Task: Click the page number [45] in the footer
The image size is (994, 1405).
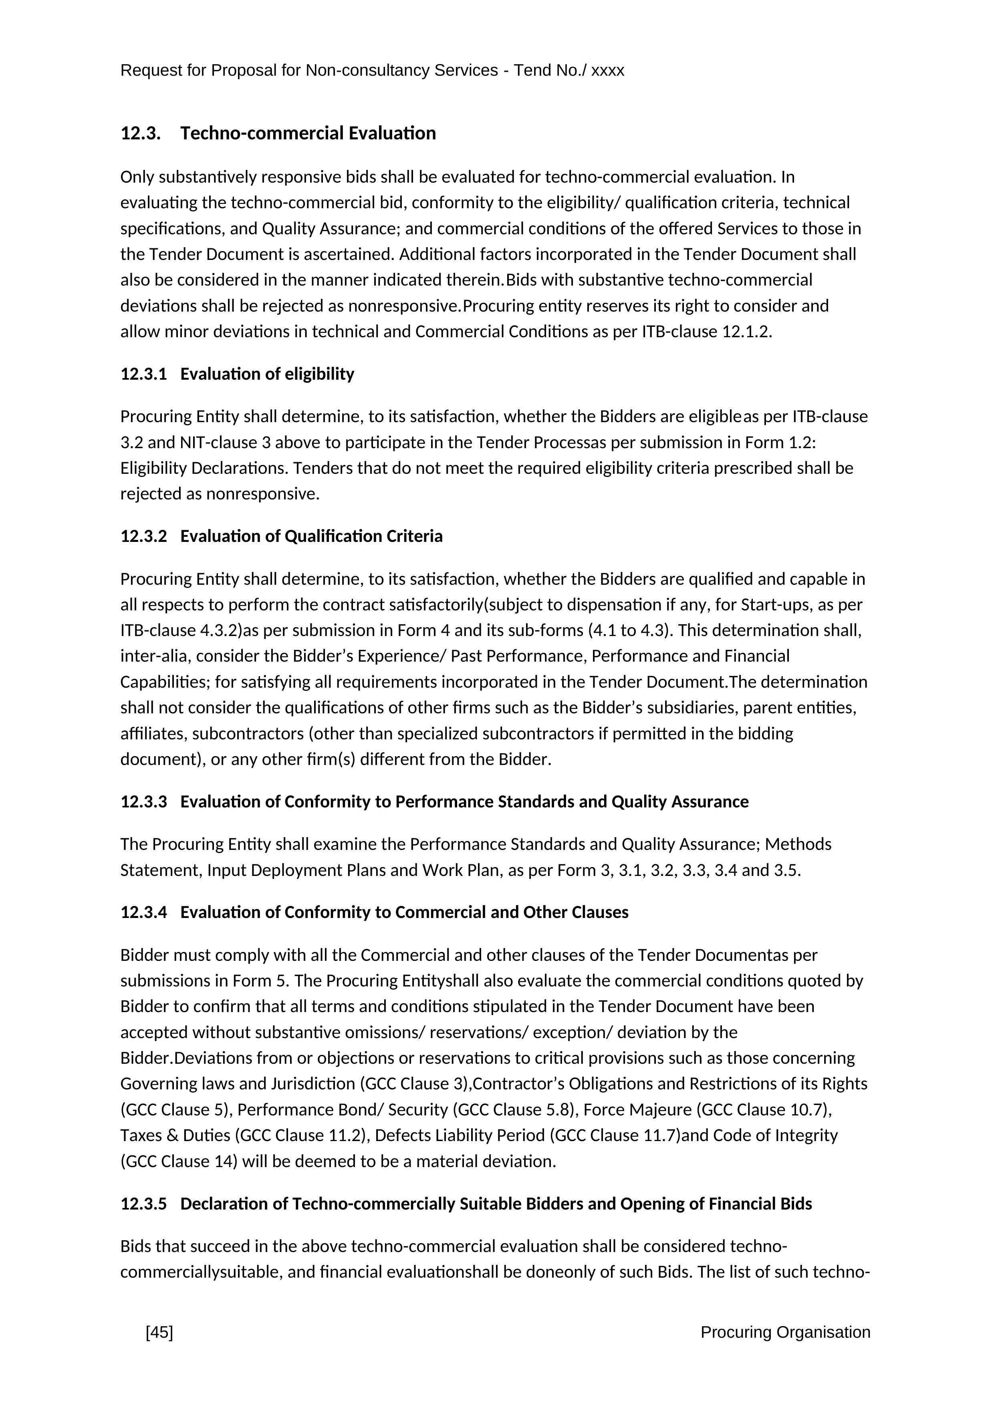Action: click(x=159, y=1332)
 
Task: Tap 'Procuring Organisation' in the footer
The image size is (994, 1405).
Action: click(x=785, y=1332)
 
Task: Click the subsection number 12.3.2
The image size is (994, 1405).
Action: click(x=143, y=537)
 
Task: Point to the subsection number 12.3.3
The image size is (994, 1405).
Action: click(x=143, y=802)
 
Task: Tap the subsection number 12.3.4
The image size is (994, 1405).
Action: click(x=143, y=912)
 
